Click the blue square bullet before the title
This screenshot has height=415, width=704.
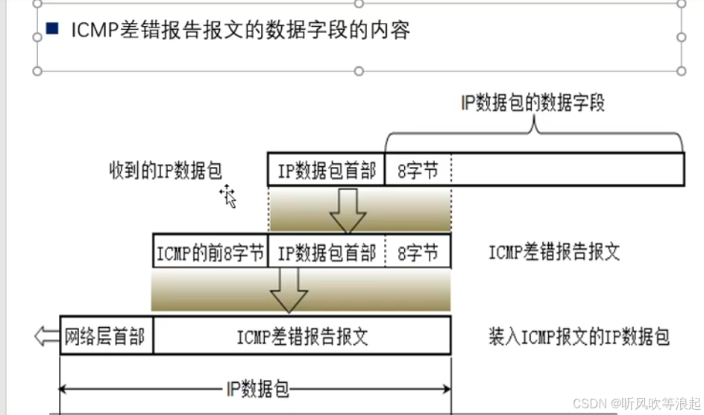(x=52, y=29)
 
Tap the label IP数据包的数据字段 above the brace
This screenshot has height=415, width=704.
(x=533, y=103)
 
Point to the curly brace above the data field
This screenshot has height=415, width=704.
(x=534, y=133)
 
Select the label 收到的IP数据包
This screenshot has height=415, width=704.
(x=166, y=171)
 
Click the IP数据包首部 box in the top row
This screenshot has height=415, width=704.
(x=327, y=171)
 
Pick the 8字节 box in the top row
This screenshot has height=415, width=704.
(x=418, y=171)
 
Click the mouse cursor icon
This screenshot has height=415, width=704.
(x=228, y=197)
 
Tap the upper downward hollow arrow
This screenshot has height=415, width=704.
(x=348, y=210)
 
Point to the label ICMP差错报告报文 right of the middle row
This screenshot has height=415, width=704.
(x=554, y=252)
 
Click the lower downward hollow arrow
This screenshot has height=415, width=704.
(x=288, y=290)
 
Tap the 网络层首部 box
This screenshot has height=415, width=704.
(x=105, y=336)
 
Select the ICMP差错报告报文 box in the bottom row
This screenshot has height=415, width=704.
(x=302, y=336)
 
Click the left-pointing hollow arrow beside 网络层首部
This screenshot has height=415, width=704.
(x=46, y=336)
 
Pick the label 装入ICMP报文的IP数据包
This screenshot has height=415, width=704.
(x=578, y=337)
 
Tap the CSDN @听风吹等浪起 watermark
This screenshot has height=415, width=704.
(x=636, y=403)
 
